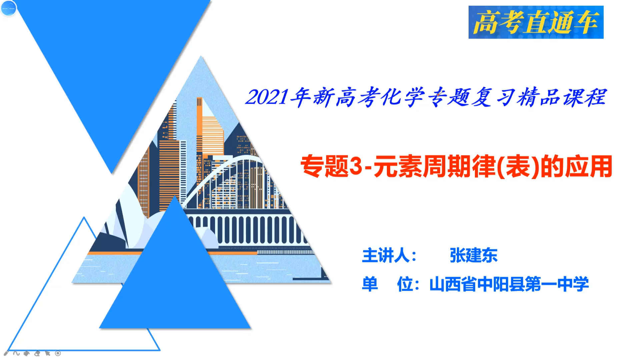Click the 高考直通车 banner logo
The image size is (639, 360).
536,22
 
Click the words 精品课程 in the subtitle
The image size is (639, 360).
562,97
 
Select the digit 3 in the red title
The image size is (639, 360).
356,166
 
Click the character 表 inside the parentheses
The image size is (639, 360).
518,166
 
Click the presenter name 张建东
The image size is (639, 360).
474,255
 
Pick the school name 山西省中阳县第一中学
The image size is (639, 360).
509,284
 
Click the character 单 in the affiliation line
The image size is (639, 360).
370,284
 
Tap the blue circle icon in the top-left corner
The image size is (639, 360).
8,8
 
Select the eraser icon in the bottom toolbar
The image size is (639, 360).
37,353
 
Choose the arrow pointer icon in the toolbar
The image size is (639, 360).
47,353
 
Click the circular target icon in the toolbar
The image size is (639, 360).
58,353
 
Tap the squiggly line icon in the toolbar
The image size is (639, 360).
16,353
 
